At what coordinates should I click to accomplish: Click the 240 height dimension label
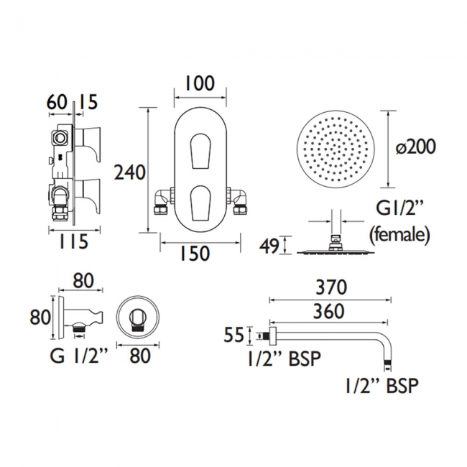(x=130, y=172)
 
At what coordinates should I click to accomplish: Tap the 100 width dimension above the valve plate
(x=200, y=83)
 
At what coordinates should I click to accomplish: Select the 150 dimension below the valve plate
(x=195, y=254)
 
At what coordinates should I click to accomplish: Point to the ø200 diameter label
(x=415, y=147)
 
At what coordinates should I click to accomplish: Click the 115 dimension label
(x=73, y=241)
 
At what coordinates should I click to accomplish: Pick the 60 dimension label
(x=57, y=102)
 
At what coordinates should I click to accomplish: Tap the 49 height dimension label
(x=269, y=246)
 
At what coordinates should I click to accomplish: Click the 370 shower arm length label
(x=331, y=287)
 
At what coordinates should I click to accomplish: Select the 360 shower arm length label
(x=329, y=311)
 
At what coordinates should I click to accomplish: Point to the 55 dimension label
(x=234, y=335)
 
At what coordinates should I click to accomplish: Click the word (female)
(x=399, y=234)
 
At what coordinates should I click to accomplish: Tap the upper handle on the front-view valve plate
(x=200, y=152)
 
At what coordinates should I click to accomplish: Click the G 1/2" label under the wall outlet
(x=78, y=356)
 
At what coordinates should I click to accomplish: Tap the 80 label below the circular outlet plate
(x=140, y=356)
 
